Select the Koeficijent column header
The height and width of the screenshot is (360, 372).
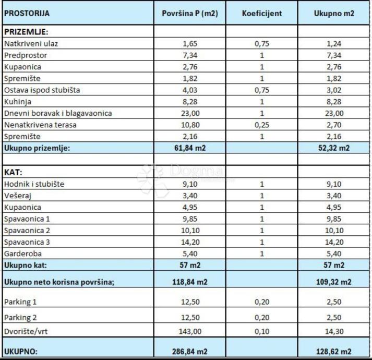tap(261, 14)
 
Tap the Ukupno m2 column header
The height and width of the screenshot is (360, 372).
tap(334, 14)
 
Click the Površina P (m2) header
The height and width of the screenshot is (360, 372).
tap(189, 14)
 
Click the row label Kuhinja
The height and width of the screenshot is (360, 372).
tap(18, 101)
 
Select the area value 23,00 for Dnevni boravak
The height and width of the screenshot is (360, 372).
tap(189, 113)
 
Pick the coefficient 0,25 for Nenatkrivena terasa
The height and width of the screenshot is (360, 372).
tap(261, 125)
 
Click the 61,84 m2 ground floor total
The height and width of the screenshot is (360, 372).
tap(189, 148)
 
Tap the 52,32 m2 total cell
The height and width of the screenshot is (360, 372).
tap(334, 148)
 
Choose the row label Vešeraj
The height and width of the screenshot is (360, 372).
tap(18, 195)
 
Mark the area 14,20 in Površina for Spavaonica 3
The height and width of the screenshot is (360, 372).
tap(189, 242)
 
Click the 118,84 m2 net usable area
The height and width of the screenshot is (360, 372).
tap(189, 282)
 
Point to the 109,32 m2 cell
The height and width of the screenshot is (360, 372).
tap(334, 282)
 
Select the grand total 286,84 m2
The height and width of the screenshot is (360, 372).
tap(189, 351)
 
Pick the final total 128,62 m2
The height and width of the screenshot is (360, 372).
tap(334, 351)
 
